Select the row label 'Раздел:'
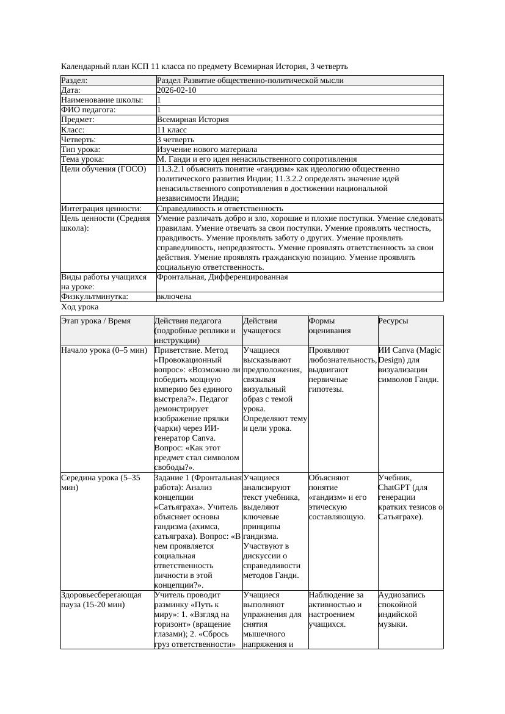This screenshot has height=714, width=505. [x=74, y=81]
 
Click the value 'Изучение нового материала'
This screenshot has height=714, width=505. [x=207, y=150]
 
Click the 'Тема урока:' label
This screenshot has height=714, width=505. [x=82, y=159]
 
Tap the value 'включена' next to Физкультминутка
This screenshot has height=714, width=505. [x=174, y=297]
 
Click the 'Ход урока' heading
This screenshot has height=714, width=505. [x=80, y=308]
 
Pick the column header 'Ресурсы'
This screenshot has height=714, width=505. [x=393, y=321]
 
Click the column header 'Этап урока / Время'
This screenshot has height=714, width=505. [x=96, y=321]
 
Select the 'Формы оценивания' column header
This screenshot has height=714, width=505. [x=330, y=326]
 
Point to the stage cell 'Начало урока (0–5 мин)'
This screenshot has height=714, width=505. [x=104, y=351]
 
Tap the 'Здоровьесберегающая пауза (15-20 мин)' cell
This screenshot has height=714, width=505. [x=101, y=599]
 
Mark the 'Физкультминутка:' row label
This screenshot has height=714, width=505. [x=95, y=297]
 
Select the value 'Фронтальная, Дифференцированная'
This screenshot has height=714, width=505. [x=222, y=277]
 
